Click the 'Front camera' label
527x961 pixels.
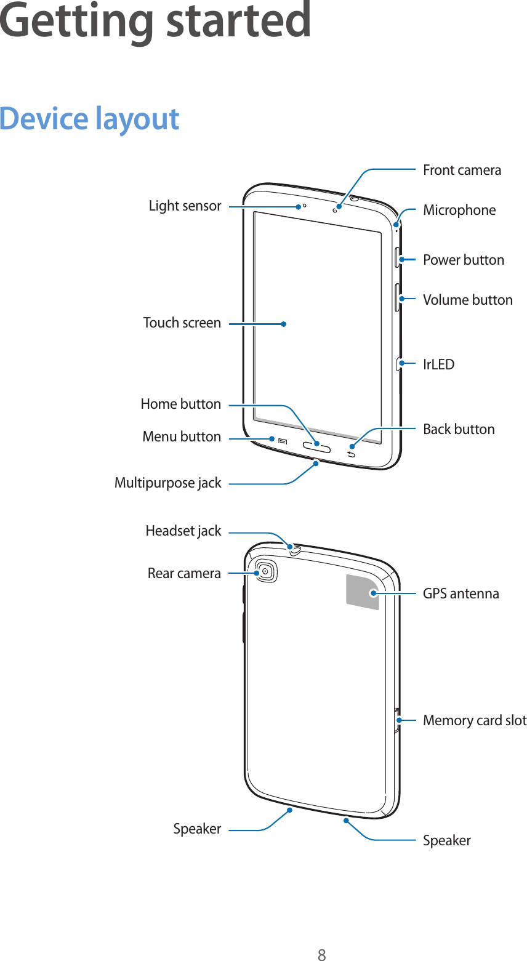point(462,170)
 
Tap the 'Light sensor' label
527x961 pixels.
point(185,206)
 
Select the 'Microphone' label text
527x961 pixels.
point(459,210)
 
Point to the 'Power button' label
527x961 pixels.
point(463,260)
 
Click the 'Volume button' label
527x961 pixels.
point(467,300)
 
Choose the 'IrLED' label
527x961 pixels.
point(438,364)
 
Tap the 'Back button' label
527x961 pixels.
point(459,429)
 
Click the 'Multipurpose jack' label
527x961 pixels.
point(167,483)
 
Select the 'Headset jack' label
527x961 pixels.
point(183,531)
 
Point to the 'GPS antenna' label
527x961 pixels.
point(461,593)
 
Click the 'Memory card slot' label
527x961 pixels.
point(474,720)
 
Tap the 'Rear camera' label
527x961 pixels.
point(183,573)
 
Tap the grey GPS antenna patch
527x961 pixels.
point(363,592)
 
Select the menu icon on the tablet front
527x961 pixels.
point(283,441)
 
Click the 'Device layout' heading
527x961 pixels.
point(89,118)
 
